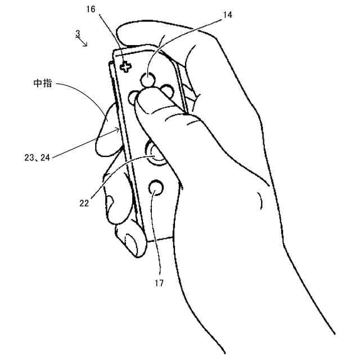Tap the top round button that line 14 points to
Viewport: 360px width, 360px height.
click(x=147, y=79)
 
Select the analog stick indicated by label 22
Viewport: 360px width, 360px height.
click(x=156, y=152)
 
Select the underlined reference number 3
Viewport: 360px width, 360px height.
click(x=77, y=34)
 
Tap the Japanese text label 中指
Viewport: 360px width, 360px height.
click(x=42, y=84)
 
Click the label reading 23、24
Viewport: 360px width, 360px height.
click(x=38, y=159)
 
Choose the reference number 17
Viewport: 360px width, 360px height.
click(x=159, y=283)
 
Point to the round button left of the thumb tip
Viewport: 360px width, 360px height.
click(x=134, y=97)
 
